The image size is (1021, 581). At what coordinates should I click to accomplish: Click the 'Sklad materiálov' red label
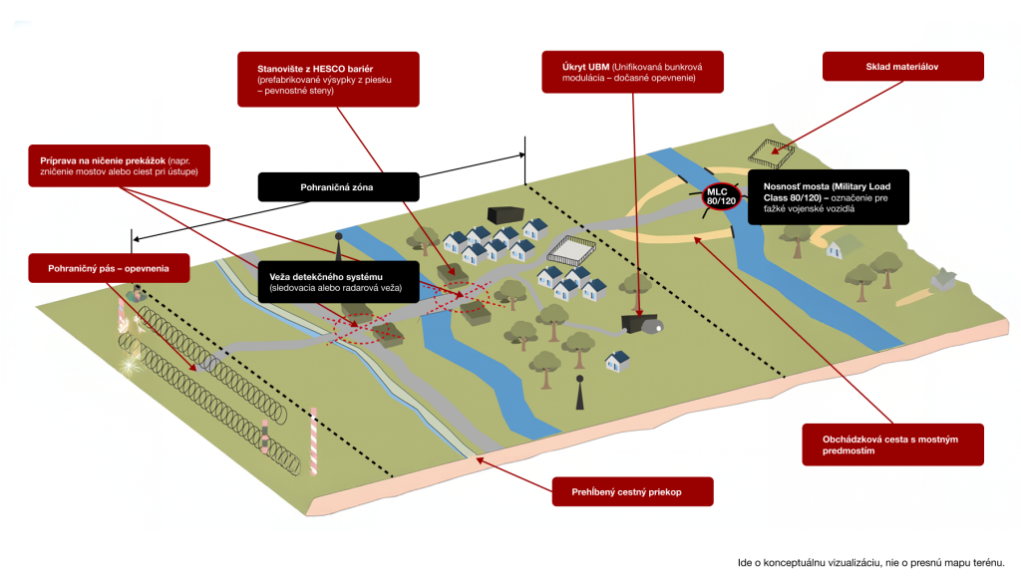tap(902, 67)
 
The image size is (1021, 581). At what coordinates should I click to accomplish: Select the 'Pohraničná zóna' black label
tap(338, 186)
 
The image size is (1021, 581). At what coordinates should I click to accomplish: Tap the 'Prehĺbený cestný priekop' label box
tap(633, 491)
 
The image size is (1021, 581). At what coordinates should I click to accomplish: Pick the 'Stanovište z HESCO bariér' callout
tap(311, 78)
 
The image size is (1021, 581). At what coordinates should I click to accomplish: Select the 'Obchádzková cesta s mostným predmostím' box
tap(893, 443)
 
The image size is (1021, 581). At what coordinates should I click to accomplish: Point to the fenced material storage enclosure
tap(773, 152)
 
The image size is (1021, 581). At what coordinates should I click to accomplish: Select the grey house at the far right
tap(942, 281)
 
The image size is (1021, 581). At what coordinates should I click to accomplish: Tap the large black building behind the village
tap(505, 215)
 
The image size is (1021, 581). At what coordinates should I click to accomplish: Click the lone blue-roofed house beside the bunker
tap(618, 360)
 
